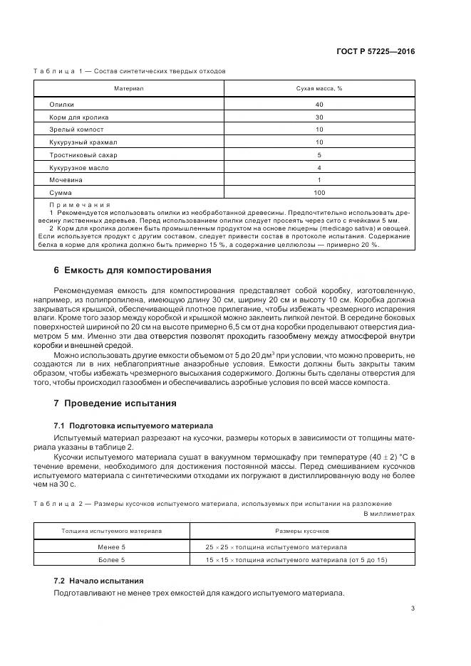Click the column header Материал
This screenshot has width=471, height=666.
pyautogui.click(x=129, y=88)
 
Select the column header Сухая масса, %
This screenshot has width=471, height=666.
pyautogui.click(x=319, y=88)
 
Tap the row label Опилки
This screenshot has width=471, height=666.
pyautogui.click(x=62, y=105)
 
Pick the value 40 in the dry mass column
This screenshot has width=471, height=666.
pyautogui.click(x=319, y=105)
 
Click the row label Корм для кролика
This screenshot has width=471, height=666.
pyautogui.click(x=78, y=117)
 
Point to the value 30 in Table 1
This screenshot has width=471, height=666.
pyautogui.click(x=319, y=117)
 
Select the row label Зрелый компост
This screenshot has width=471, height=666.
pyautogui.click(x=76, y=129)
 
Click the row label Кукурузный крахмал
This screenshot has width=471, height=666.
pyautogui.click(x=83, y=142)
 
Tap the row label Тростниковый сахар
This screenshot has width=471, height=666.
pyautogui.click(x=83, y=155)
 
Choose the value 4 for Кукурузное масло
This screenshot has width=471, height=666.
pyautogui.click(x=319, y=167)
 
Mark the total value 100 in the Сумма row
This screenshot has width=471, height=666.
pyautogui.click(x=319, y=193)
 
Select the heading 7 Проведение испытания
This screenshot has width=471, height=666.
pyautogui.click(x=115, y=403)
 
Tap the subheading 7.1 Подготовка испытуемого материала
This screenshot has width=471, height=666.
pyautogui.click(x=133, y=425)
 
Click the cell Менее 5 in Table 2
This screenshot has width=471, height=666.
pyautogui.click(x=111, y=547)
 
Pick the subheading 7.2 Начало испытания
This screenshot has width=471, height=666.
pyautogui.click(x=98, y=580)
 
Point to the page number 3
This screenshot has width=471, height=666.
pyautogui.click(x=413, y=608)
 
